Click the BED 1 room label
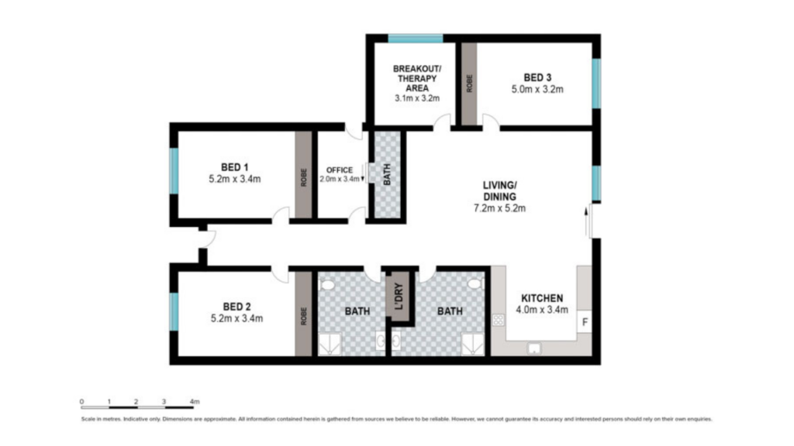pyautogui.click(x=234, y=167)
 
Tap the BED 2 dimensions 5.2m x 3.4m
pyautogui.click(x=236, y=318)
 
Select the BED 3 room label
pyautogui.click(x=537, y=78)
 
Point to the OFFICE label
pyautogui.click(x=340, y=170)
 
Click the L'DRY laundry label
pyautogui.click(x=399, y=297)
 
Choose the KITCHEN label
pyautogui.click(x=542, y=298)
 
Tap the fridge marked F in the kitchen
pyautogui.click(x=585, y=322)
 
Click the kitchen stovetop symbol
pyautogui.click(x=499, y=320)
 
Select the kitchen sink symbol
pyautogui.click(x=533, y=348)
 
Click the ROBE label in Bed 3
pyautogui.click(x=469, y=84)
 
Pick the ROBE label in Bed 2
pyautogui.click(x=304, y=316)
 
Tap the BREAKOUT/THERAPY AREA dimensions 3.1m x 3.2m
pyautogui.click(x=417, y=98)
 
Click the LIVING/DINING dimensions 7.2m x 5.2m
pyautogui.click(x=499, y=208)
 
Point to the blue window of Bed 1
pyautogui.click(x=174, y=171)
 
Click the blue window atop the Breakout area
pyautogui.click(x=416, y=39)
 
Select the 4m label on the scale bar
pyautogui.click(x=195, y=402)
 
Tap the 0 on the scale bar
pyautogui.click(x=81, y=402)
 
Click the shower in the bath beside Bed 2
pyautogui.click(x=330, y=344)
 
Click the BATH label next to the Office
pyautogui.click(x=387, y=174)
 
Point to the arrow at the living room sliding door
pyautogui.click(x=586, y=221)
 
